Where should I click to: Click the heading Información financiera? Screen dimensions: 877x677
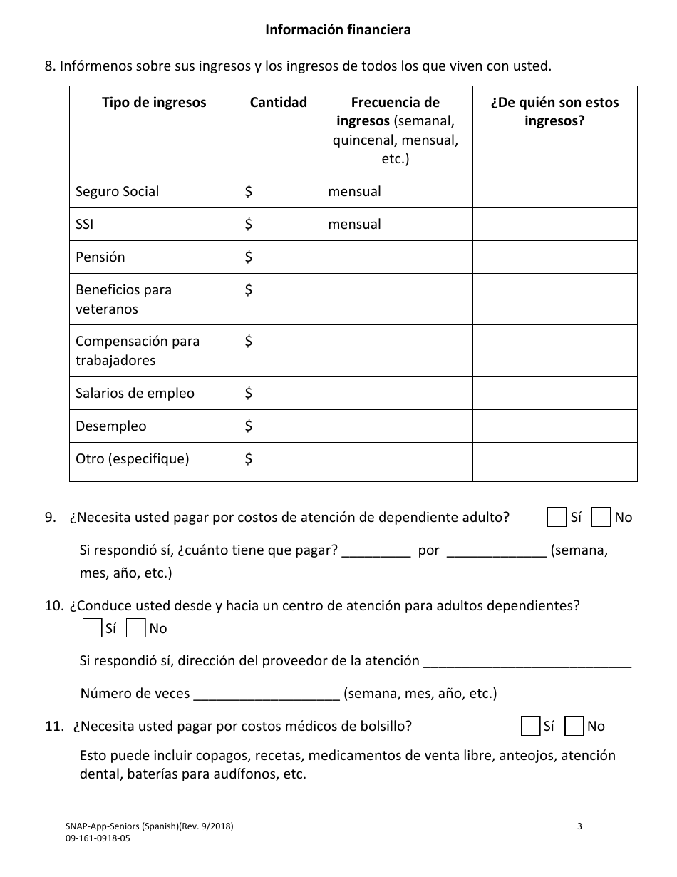click(338, 30)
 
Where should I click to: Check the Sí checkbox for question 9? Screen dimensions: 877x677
click(557, 518)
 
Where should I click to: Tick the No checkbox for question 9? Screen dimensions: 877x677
click(602, 518)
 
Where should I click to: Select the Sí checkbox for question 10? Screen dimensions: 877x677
click(92, 628)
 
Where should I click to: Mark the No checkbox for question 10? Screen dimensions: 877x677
click(135, 628)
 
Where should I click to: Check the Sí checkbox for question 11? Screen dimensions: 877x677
click(530, 726)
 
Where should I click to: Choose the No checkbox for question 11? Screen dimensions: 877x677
click(574, 726)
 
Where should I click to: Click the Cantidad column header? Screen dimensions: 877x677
click(278, 102)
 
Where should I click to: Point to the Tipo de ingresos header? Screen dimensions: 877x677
click(154, 102)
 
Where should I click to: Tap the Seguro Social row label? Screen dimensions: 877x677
click(118, 191)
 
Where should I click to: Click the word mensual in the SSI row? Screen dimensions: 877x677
click(354, 224)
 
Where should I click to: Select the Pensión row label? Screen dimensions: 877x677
click(100, 257)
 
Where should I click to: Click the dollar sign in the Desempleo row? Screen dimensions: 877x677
click(249, 426)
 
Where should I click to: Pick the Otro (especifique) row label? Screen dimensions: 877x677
click(133, 458)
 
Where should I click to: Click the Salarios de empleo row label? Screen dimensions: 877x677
click(135, 393)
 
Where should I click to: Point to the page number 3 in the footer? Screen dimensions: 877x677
click(579, 826)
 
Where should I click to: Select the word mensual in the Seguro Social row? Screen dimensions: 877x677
click(354, 191)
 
